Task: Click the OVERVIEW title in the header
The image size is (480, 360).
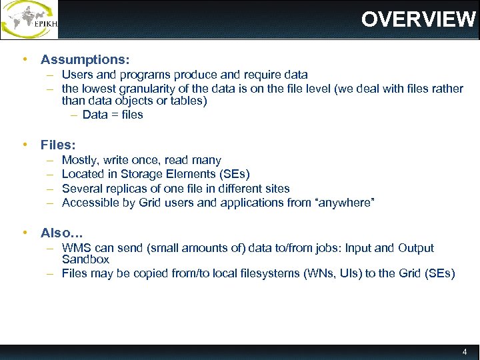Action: [x=418, y=19]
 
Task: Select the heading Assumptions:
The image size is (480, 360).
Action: [x=85, y=59]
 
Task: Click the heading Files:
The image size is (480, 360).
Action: [x=58, y=144]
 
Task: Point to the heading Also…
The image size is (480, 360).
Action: [x=61, y=233]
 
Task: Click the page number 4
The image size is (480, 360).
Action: [x=465, y=351]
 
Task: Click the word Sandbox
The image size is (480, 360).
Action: [x=85, y=259]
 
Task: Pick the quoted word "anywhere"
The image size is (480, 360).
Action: [x=345, y=202]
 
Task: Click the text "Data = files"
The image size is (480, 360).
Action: [x=113, y=114]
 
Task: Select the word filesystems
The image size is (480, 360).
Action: [x=237, y=273]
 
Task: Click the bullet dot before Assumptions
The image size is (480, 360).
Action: [x=25, y=59]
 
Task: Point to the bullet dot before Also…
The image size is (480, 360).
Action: [x=25, y=232]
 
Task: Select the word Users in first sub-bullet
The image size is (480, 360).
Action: [x=77, y=75]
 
